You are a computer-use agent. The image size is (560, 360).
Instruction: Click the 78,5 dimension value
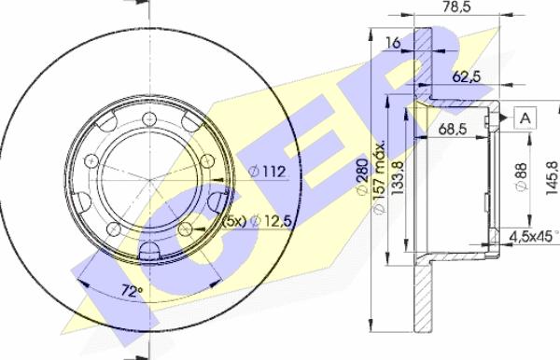456,7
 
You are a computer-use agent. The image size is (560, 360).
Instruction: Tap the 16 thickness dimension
394,43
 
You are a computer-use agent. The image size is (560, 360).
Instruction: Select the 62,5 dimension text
467,76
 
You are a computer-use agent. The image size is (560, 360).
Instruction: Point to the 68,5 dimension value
453,129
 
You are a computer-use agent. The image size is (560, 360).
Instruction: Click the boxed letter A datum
525,118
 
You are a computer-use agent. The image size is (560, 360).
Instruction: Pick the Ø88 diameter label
522,177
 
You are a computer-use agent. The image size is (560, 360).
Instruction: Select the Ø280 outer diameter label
362,176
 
